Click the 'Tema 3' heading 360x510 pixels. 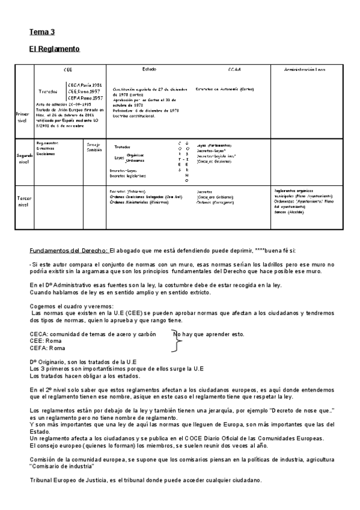42,32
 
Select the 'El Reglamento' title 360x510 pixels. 55,48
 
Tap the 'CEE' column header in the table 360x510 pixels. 68,70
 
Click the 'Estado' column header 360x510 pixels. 149,69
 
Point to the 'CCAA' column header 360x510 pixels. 234,70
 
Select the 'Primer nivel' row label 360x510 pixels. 22,117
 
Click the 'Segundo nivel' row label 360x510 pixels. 25,158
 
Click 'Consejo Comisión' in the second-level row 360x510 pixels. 94,147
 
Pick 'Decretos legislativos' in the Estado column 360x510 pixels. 129,176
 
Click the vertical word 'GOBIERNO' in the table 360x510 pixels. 187,162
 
